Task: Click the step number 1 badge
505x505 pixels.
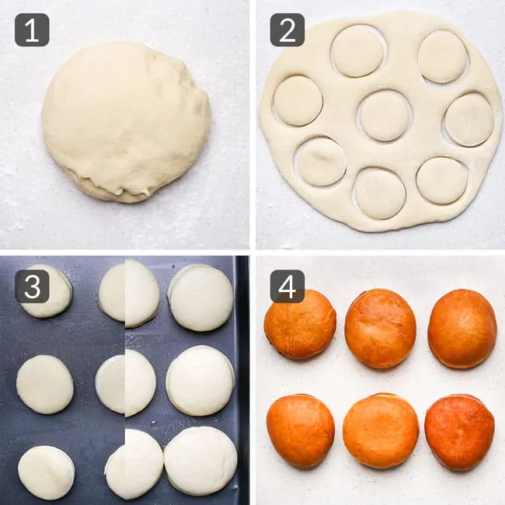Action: coord(32,30)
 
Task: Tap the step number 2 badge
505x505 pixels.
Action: coord(287,30)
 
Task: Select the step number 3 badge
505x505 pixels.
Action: coord(32,287)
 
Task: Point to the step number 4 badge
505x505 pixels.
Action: coord(287,287)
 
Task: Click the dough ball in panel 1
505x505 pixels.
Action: coord(126,123)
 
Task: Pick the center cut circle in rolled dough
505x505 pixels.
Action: coord(385,116)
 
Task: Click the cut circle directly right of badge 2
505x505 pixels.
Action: coord(358,50)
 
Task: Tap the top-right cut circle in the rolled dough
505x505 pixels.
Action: coord(443,57)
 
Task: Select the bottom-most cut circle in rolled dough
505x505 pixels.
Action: coord(380,193)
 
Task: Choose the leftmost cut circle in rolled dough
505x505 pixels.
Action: coord(298,100)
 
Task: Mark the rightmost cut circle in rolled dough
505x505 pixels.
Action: coord(469,119)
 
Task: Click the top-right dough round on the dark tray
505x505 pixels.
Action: coord(201,298)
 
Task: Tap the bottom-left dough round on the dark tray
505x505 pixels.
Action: coord(46,473)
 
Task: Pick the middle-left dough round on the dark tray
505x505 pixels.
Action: coord(45,385)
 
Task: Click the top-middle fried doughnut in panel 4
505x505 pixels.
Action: coord(381,328)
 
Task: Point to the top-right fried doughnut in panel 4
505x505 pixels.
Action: coord(462,329)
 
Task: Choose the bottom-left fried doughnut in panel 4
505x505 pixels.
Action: coord(301,431)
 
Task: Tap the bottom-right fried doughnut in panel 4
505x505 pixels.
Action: coord(460,432)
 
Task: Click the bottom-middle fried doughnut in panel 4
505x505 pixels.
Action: coord(381,431)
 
